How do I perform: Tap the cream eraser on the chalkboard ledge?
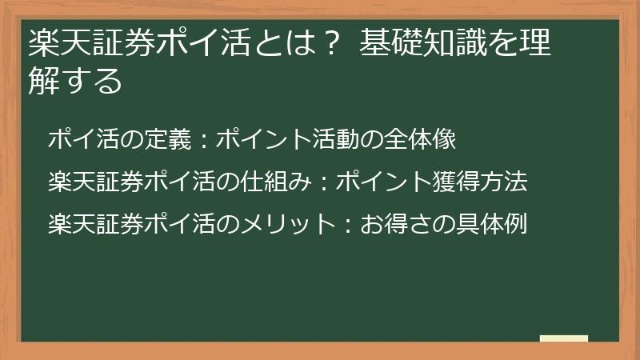[x=564, y=338]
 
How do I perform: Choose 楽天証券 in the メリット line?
[x=95, y=224]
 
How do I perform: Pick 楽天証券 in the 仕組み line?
[x=95, y=182]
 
